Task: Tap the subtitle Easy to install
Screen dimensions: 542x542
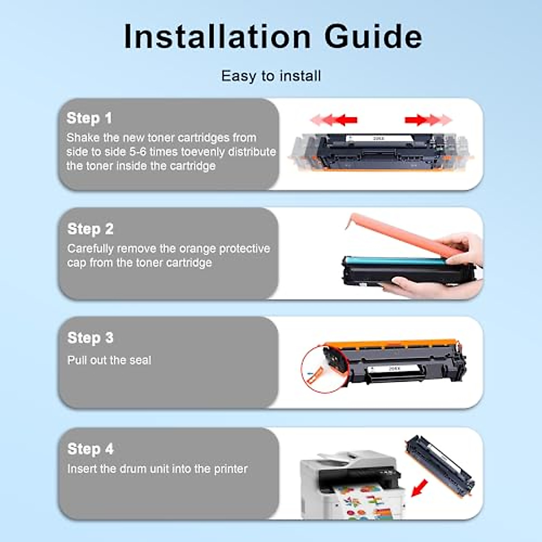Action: click(271, 76)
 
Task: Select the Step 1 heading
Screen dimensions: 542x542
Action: click(89, 118)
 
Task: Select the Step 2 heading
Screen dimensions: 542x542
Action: click(90, 229)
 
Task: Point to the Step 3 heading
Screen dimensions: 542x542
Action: click(90, 338)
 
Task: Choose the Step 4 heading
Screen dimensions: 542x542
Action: click(90, 449)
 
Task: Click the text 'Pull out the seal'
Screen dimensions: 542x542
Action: click(109, 360)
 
